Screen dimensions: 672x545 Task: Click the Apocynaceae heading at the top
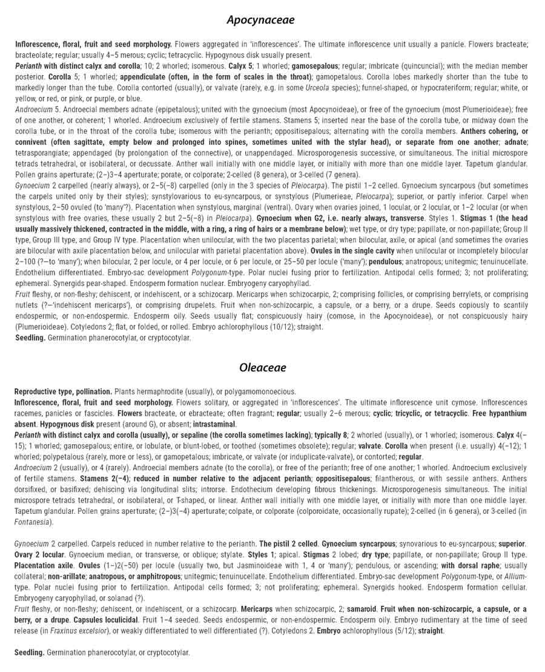(260, 20)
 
